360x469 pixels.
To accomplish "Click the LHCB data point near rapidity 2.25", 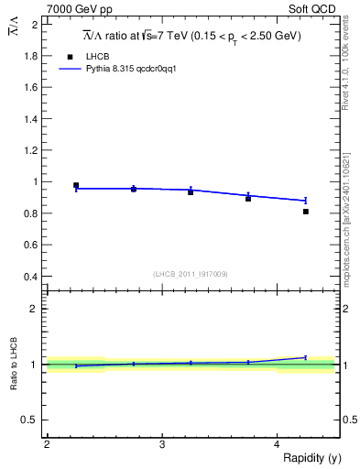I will (76, 185).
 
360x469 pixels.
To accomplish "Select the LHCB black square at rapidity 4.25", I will (305, 212).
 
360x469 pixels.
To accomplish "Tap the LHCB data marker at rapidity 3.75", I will (248, 199).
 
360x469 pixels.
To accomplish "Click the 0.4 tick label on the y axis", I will (31, 277).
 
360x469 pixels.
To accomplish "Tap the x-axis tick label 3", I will (161, 444).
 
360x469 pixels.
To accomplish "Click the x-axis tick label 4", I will (277, 444).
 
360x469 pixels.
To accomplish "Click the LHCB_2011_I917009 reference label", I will (191, 274).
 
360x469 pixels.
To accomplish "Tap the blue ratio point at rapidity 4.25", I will (305, 357).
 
